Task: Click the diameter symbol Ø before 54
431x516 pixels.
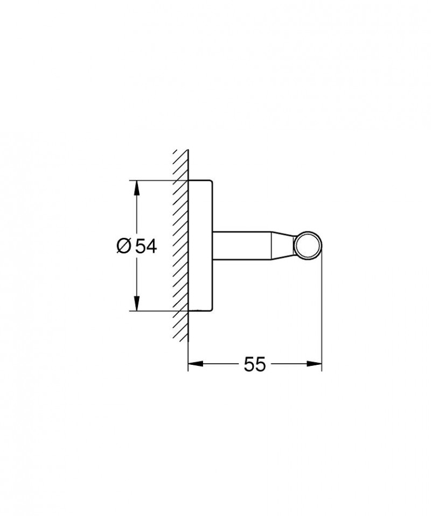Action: pyautogui.click(x=123, y=246)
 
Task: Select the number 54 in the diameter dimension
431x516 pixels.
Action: pyautogui.click(x=145, y=246)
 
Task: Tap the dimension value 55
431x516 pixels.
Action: pyautogui.click(x=255, y=364)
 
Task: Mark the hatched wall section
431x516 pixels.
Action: pyautogui.click(x=180, y=245)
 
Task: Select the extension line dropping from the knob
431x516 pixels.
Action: pyautogui.click(x=322, y=312)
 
